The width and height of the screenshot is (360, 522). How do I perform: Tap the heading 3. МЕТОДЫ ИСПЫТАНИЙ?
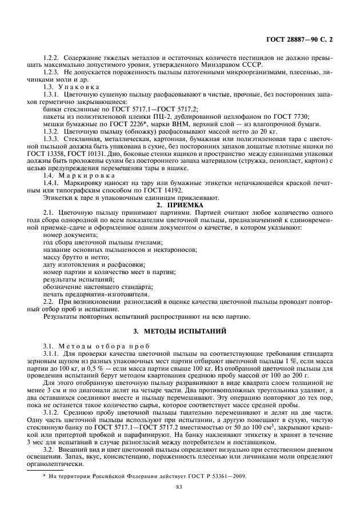coord(180,331)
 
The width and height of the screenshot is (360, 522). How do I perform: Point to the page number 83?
coord(180,503)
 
